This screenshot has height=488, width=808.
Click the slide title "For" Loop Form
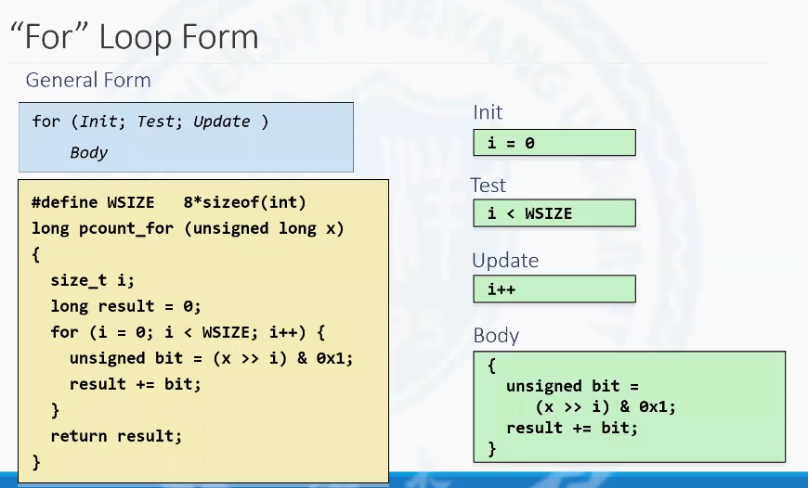pos(134,36)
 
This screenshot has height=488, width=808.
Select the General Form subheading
pos(88,80)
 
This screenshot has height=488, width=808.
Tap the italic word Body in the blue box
pos(88,152)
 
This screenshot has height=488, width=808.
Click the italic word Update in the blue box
pos(222,122)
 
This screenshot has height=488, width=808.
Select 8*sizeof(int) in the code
pos(245,202)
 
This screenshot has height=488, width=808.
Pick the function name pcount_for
pos(126,228)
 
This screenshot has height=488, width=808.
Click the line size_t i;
pos(93,280)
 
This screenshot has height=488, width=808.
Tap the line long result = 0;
pos(125,306)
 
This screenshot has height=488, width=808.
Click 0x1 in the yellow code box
pos(331,358)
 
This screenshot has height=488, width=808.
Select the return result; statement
pos(116,436)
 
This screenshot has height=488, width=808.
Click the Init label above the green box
pos(488,112)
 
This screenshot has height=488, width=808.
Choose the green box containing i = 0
pos(554,143)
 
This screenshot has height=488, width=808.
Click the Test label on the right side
pos(489,186)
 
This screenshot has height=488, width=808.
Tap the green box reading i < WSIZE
pos(554,213)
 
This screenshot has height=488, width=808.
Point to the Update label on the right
pos(505,261)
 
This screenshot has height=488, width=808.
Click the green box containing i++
pos(554,289)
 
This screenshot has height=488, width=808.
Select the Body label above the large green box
pos(496,336)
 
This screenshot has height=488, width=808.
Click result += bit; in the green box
pos(572,428)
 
